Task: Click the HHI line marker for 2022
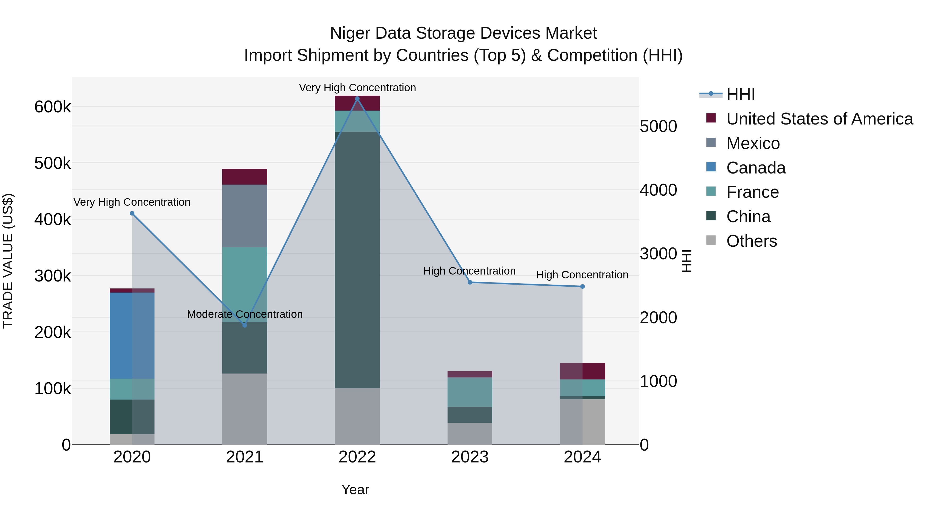(357, 99)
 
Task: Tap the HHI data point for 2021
(245, 325)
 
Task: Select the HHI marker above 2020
(132, 213)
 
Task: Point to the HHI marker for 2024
(582, 286)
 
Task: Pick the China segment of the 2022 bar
(357, 259)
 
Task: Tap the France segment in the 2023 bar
(470, 392)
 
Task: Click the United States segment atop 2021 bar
(245, 177)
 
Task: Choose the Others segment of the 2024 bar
(582, 421)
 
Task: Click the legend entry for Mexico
(753, 143)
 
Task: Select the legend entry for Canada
(756, 168)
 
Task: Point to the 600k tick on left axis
(53, 107)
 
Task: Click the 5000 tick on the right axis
(658, 127)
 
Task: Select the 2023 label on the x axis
(470, 457)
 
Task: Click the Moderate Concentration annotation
(245, 314)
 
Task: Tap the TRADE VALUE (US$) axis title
(8, 261)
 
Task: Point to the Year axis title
(355, 490)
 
